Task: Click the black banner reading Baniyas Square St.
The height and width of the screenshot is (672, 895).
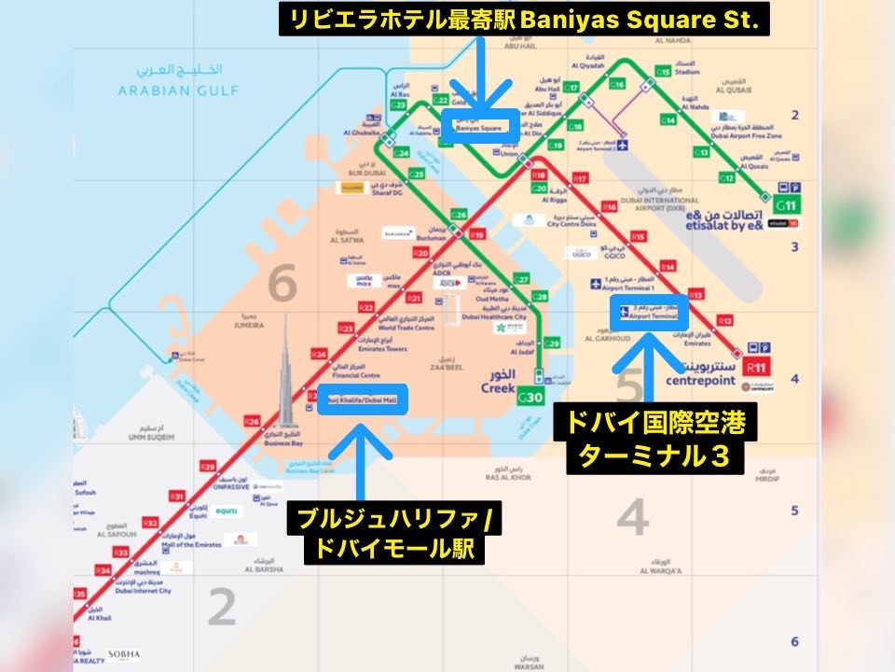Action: (x=524, y=20)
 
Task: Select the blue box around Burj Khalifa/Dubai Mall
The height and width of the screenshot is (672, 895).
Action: (x=362, y=399)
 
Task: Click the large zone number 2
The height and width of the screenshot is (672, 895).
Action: (x=221, y=608)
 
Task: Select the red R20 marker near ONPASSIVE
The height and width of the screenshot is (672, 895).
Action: (x=208, y=467)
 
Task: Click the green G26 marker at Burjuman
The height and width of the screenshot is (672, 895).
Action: (x=458, y=215)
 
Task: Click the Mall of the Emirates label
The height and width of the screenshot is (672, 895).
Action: (x=194, y=543)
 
